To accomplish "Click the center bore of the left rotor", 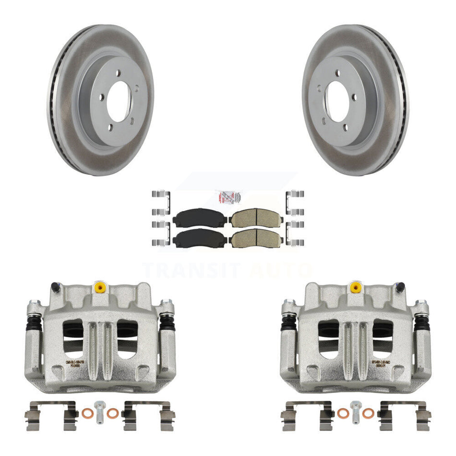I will click(118, 101).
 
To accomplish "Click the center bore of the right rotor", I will click(339, 101).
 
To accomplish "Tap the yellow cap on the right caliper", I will click(355, 287).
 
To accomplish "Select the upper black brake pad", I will click(200, 219).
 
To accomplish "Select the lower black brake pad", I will click(200, 238).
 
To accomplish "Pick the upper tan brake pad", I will click(256, 219).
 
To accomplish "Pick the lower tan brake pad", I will click(256, 238).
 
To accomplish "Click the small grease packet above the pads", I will click(228, 197).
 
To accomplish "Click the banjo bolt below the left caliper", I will click(100, 411).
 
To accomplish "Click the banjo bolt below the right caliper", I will click(355, 411).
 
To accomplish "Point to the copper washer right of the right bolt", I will click(368, 413).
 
